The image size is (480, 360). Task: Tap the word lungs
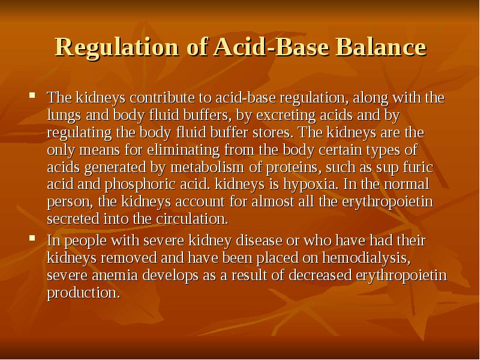(64, 115)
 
